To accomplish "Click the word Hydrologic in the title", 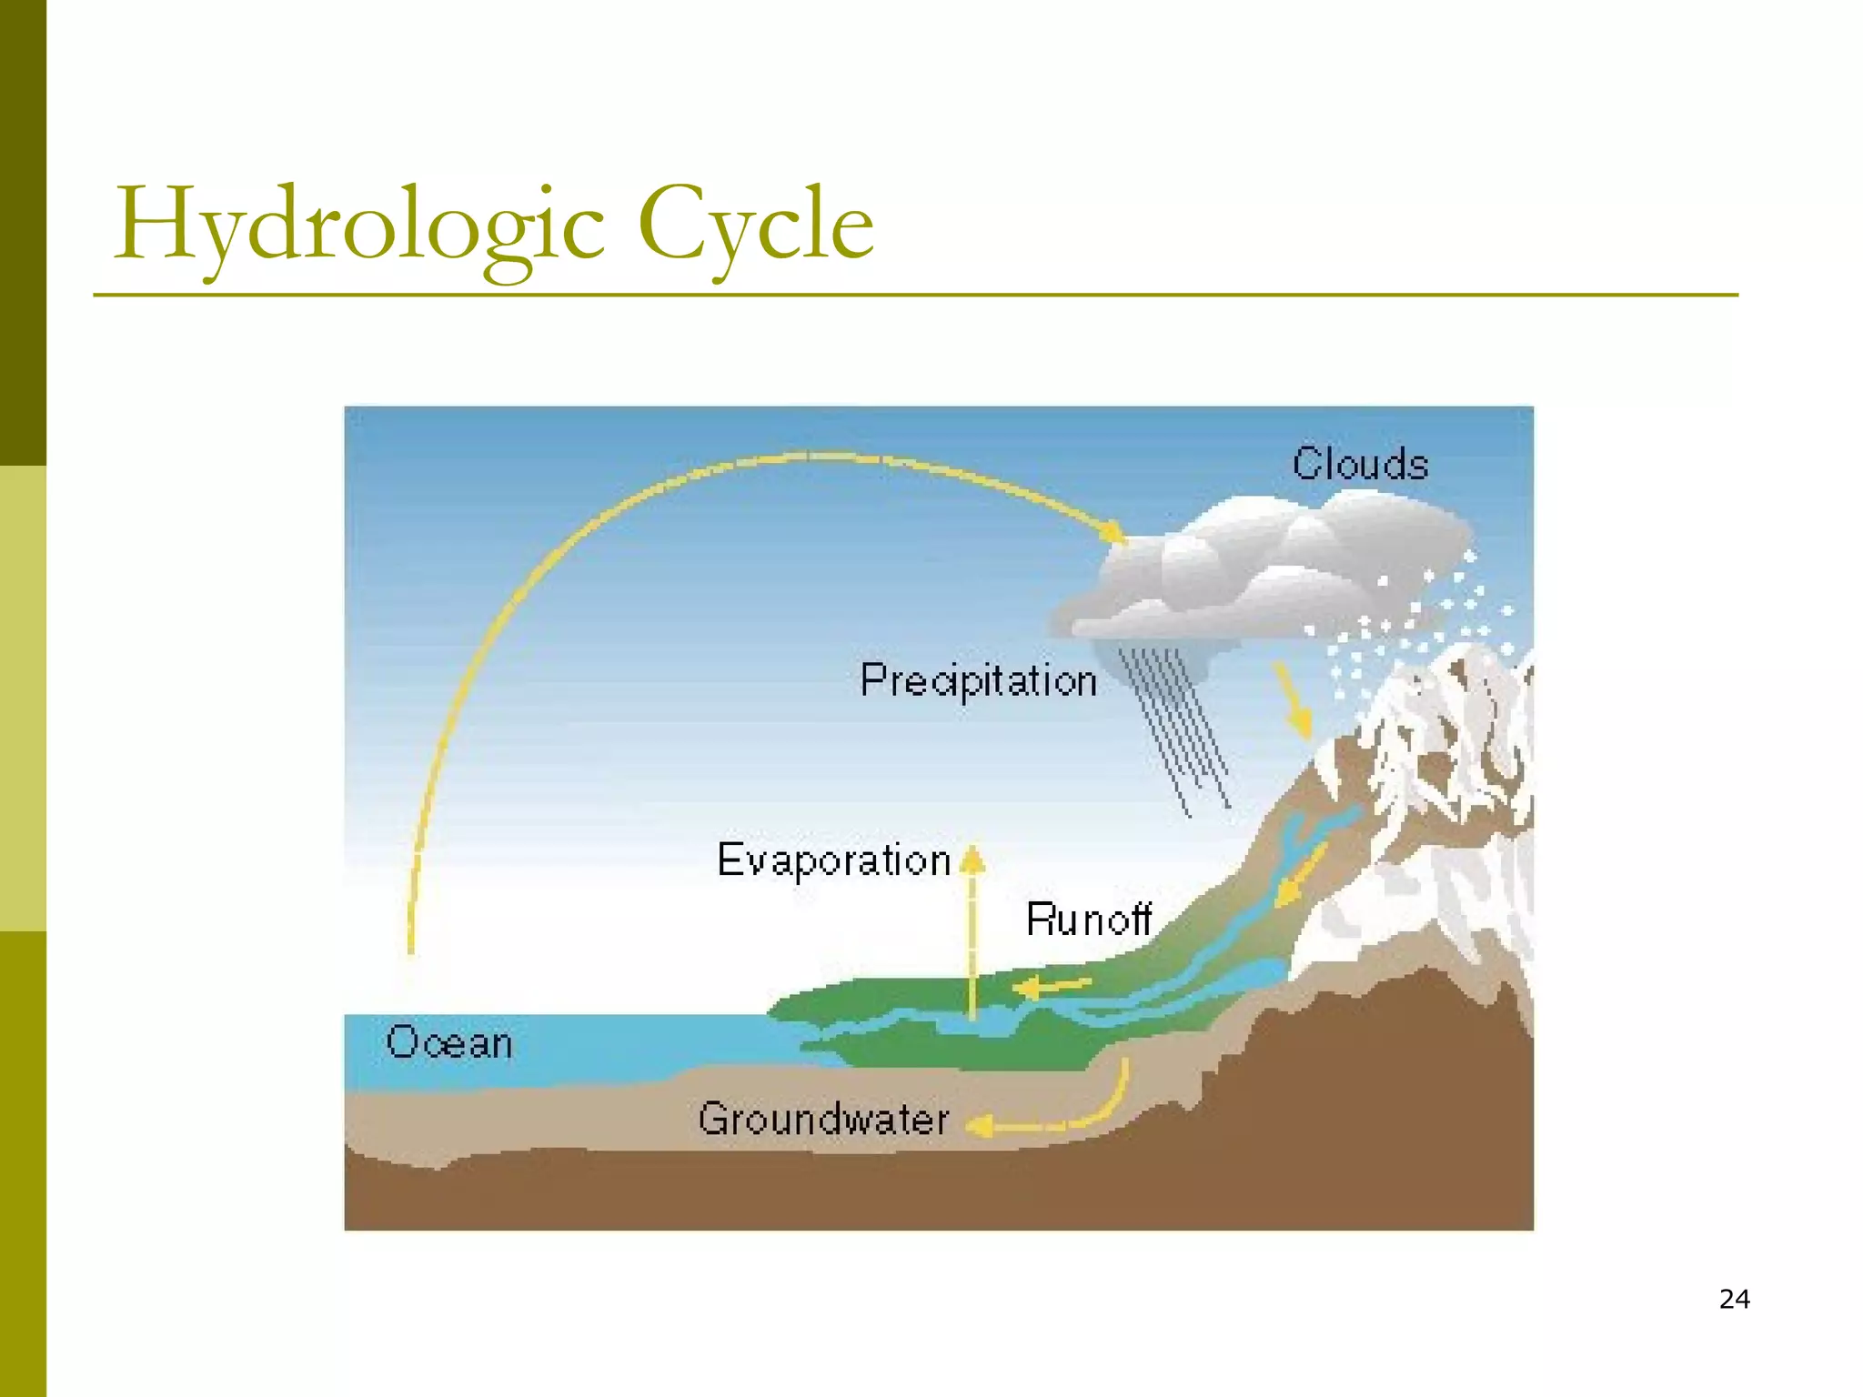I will [x=359, y=223].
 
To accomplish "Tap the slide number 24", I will [x=1734, y=1299].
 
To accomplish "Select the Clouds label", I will [x=1360, y=464].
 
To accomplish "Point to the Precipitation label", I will [x=978, y=680].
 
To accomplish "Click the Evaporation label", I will [x=833, y=859].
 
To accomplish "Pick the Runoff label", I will [x=1088, y=919].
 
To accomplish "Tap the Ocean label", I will [x=448, y=1042].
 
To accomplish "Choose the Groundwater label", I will [x=823, y=1119].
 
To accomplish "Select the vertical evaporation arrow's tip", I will [x=972, y=859].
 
